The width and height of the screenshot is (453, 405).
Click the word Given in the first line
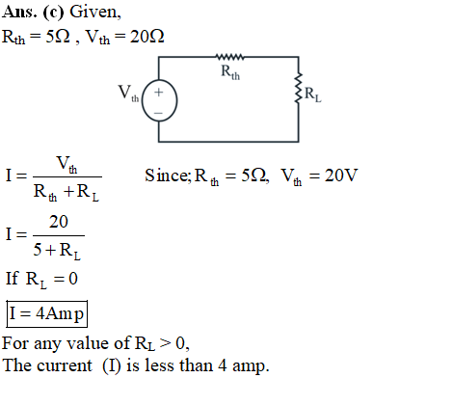pyautogui.click(x=95, y=13)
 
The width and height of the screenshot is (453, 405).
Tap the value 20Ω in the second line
pyautogui.click(x=147, y=37)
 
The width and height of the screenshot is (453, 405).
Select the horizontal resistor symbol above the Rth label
pyautogui.click(x=229, y=57)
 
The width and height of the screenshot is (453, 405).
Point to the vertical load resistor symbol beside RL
pyautogui.click(x=299, y=88)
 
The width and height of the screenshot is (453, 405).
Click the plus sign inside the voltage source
pyautogui.click(x=158, y=93)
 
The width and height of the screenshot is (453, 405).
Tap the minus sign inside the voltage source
pyautogui.click(x=158, y=113)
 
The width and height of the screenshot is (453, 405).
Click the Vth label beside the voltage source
pyautogui.click(x=128, y=94)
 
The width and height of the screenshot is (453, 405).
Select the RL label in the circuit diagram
pyautogui.click(x=312, y=94)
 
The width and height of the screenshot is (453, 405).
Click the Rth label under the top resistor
pyautogui.click(x=230, y=72)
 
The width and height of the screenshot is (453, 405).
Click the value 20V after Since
pyautogui.click(x=341, y=175)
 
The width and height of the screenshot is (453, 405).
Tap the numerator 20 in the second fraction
pyautogui.click(x=59, y=222)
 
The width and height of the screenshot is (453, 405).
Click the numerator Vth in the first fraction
pyautogui.click(x=67, y=164)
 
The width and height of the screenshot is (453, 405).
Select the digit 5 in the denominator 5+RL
pyautogui.click(x=38, y=250)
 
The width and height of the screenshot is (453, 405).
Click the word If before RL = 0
pyautogui.click(x=13, y=278)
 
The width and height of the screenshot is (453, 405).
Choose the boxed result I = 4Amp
pyautogui.click(x=47, y=313)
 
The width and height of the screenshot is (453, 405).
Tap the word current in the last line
pyautogui.click(x=65, y=366)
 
